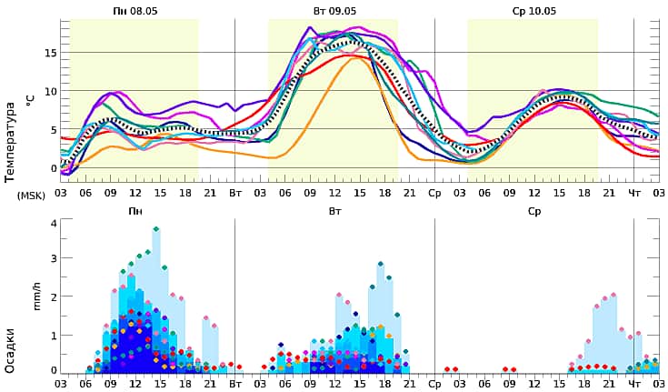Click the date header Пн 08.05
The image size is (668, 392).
tap(134, 11)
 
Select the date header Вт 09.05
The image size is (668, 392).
tap(334, 11)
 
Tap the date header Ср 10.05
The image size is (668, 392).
tap(533, 11)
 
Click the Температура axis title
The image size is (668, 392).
tap(12, 140)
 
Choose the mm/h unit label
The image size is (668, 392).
tap(38, 296)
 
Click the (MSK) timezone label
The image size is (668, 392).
tap(30, 195)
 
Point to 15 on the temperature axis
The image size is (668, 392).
tap(52, 52)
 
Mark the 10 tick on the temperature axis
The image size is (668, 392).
tap(52, 91)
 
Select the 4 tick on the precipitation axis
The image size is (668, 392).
tap(54, 223)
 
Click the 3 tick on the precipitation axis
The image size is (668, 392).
tap(54, 259)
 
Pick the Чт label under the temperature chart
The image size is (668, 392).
tap(634, 194)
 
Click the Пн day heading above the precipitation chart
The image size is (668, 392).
tap(135, 211)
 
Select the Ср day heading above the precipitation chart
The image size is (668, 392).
tap(534, 211)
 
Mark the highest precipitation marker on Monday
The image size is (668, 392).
tap(156, 229)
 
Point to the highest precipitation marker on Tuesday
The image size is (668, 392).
tap(381, 264)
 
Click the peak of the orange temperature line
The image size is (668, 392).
tap(354, 58)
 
